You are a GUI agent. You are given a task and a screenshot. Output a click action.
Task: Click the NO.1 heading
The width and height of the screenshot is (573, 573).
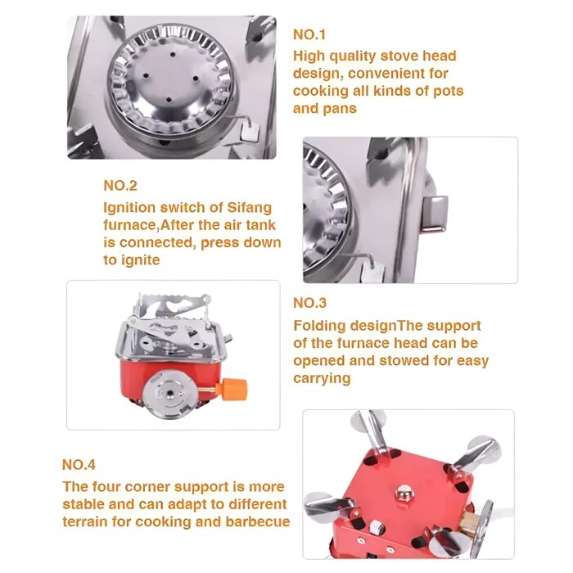(309, 34)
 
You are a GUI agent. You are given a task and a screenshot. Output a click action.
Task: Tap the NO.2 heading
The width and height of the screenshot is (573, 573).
(120, 186)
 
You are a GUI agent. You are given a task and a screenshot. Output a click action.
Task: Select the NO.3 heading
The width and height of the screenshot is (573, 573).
(309, 303)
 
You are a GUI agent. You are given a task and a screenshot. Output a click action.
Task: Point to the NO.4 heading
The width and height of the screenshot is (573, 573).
(79, 465)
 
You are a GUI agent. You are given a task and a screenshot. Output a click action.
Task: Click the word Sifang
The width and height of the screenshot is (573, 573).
(249, 208)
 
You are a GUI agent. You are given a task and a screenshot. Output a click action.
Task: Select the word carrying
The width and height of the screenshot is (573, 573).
(322, 378)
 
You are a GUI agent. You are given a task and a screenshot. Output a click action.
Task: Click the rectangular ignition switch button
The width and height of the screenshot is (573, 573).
(435, 213)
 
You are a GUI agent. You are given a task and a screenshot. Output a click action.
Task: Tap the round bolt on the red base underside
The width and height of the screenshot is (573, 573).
(404, 493)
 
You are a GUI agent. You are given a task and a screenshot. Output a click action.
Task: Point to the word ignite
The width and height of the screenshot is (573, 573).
(140, 260)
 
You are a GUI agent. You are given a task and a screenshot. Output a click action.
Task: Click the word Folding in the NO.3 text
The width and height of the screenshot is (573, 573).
(319, 326)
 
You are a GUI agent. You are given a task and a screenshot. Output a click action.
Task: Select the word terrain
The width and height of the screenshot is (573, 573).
(85, 521)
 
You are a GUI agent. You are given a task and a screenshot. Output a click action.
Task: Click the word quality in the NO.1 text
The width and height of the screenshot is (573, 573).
(353, 56)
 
